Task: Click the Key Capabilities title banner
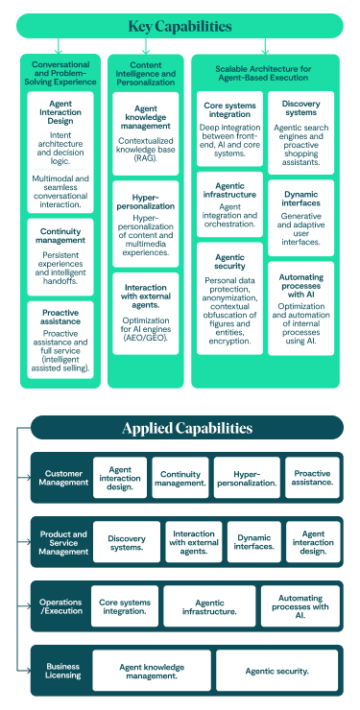click(180, 26)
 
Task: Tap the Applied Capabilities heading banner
click(186, 427)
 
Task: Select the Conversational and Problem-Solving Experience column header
click(60, 74)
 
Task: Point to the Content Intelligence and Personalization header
click(146, 74)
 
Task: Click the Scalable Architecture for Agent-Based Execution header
click(265, 74)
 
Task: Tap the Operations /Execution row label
click(60, 606)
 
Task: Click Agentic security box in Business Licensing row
click(276, 671)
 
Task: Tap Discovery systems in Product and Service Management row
click(126, 543)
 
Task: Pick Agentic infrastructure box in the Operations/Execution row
click(209, 606)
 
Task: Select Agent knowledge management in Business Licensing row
click(151, 671)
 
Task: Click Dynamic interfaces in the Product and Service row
click(254, 543)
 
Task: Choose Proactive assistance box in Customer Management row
click(312, 478)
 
